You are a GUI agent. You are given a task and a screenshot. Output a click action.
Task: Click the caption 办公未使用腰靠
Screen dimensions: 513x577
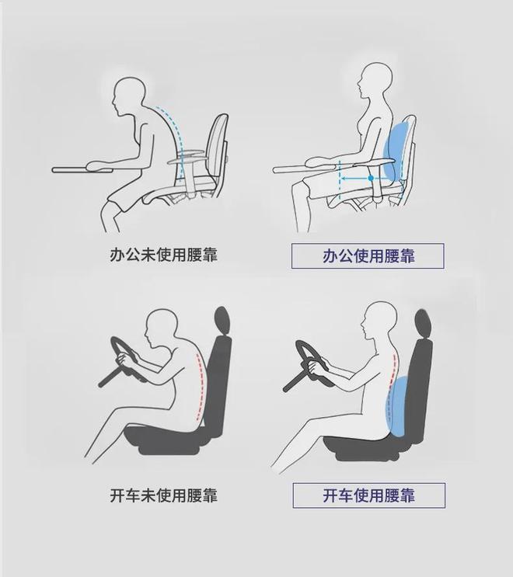point(163,255)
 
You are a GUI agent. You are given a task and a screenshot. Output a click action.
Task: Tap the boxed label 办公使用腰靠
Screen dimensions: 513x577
point(368,255)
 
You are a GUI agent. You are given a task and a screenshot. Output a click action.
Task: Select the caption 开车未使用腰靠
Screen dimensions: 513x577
point(163,495)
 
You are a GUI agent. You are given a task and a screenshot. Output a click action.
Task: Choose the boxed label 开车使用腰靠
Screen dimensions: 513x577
point(369,495)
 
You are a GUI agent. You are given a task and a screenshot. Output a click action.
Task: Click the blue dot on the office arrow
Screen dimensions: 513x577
point(371,178)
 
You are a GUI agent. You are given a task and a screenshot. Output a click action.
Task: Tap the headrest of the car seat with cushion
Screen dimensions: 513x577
point(424,324)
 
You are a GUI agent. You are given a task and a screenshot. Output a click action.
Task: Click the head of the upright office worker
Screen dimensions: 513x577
point(376,81)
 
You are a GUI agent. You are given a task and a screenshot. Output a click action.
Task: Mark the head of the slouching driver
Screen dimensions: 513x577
point(161,327)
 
